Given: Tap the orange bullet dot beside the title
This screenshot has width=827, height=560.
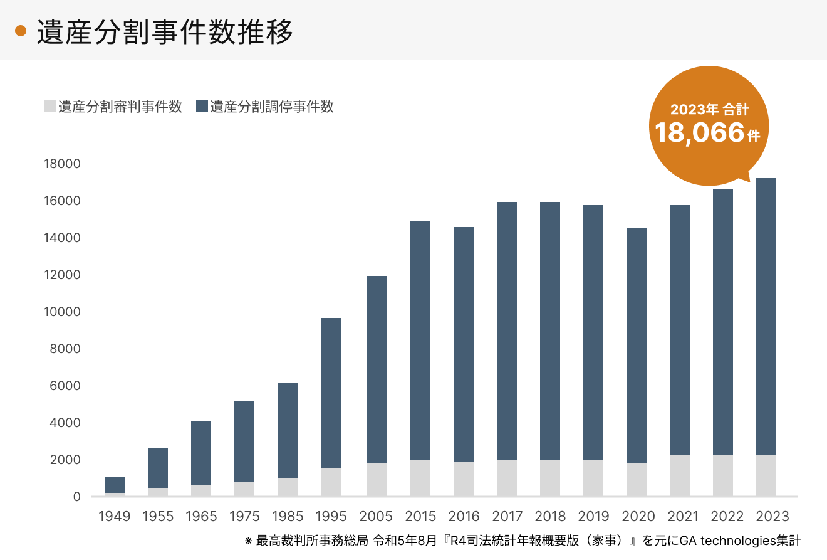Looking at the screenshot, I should pos(21,31).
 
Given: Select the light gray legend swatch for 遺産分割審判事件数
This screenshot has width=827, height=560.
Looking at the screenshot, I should pos(49,107).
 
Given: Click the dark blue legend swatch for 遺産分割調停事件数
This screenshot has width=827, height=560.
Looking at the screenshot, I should pos(202,107).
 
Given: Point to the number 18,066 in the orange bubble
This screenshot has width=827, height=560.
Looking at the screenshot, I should pos(700,133).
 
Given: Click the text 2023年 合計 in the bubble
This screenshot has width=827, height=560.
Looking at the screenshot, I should pos(709,109).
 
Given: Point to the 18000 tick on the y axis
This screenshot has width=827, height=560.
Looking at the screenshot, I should pos(62,164).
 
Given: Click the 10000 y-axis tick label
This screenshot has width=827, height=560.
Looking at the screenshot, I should pos(62,312).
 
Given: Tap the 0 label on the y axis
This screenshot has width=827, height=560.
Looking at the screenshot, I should pos(76,497).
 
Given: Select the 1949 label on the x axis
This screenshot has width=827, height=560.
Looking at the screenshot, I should pos(115,517).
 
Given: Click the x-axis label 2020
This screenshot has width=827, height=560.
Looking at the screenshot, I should pos(637,517).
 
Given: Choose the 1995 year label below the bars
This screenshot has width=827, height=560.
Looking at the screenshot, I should pos(331,517).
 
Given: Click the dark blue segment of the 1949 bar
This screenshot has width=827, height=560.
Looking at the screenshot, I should pos(115,485).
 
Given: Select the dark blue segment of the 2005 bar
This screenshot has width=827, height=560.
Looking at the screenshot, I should pos(377,369).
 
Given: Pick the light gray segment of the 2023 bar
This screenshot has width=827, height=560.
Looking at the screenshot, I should pos(766,475).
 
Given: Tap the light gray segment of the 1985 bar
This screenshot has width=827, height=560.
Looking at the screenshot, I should pos(288,487).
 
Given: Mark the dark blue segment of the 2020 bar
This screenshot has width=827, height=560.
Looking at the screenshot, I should pos(637,345).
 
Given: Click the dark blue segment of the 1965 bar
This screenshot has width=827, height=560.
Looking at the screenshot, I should pos(201,453).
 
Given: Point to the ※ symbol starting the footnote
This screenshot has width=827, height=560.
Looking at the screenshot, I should pos(248,541).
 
